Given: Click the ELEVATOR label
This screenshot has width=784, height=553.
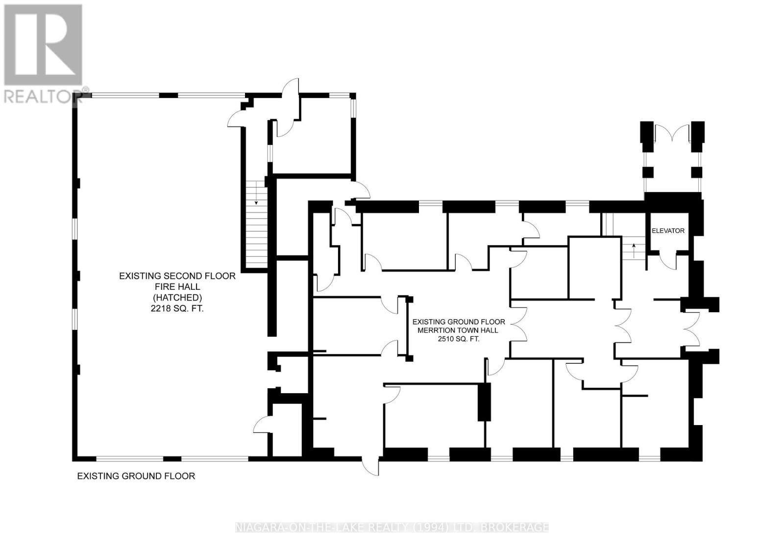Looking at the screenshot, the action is tap(668, 231).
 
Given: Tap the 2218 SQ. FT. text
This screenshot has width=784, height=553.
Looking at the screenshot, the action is tap(177, 308).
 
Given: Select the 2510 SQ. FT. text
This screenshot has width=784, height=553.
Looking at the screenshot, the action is tap(459, 339).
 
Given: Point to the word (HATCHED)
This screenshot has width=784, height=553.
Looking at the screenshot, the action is tap(177, 298).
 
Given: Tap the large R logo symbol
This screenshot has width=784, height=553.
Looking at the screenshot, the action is tap(43, 45).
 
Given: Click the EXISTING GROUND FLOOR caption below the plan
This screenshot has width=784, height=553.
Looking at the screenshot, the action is tap(136, 476).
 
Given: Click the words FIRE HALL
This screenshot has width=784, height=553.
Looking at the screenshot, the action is tap(177, 287).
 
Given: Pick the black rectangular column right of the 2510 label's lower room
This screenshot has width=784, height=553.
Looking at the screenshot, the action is tap(485, 402).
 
